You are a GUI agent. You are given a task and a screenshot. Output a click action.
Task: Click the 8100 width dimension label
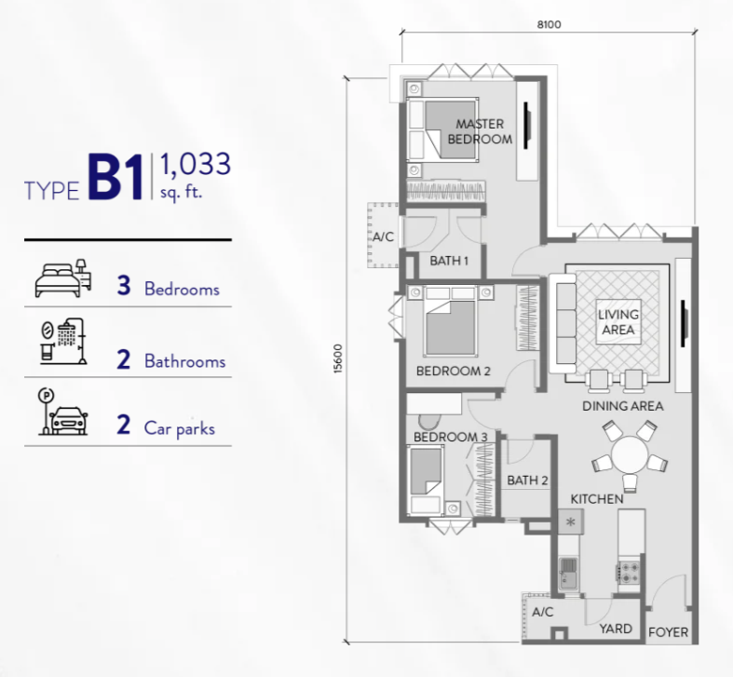(549, 24)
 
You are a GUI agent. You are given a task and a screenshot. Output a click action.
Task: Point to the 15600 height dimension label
(338, 359)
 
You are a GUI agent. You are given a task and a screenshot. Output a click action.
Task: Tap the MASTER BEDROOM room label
(480, 131)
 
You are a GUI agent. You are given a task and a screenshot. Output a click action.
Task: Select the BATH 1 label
(449, 261)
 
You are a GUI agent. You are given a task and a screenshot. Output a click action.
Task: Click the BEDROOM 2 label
(453, 371)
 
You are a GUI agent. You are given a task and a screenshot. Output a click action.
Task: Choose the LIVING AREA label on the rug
(618, 322)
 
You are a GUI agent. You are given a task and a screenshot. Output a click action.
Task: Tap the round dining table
(630, 454)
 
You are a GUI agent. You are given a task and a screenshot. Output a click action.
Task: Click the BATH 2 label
(527, 481)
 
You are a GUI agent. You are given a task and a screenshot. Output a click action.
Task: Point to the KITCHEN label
(597, 499)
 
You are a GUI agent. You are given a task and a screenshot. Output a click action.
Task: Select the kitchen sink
(568, 574)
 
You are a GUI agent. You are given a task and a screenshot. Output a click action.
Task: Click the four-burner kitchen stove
(630, 573)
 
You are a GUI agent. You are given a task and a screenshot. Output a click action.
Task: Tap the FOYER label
(668, 632)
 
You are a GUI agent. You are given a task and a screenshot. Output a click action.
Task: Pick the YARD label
(616, 629)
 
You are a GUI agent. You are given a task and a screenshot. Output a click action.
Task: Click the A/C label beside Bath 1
(383, 237)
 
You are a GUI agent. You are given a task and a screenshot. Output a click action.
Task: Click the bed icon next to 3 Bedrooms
(63, 278)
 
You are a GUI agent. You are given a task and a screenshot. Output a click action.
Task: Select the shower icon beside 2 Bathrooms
(63, 342)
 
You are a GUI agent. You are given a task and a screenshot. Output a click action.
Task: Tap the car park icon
(62, 412)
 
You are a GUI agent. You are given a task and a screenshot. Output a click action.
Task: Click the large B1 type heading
(115, 178)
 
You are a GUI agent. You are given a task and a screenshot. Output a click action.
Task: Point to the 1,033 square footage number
(196, 164)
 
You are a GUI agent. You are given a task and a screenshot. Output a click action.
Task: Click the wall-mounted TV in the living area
(684, 323)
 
